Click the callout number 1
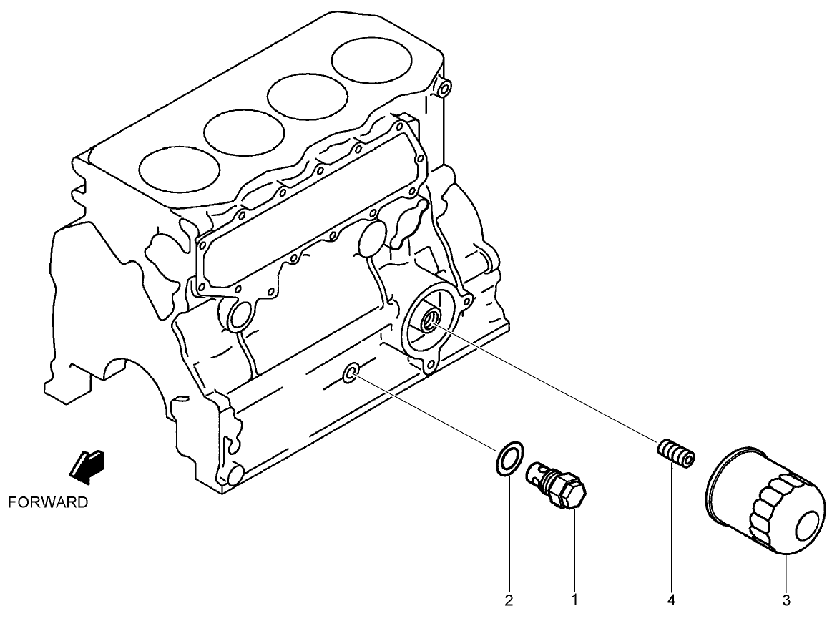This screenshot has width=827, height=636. [574, 600]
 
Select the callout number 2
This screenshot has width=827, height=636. [509, 600]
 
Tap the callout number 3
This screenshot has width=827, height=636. [786, 600]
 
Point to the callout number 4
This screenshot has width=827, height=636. [672, 600]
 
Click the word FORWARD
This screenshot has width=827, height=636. [48, 502]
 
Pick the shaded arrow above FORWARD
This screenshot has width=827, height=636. [87, 464]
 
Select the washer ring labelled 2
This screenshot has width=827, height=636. [508, 459]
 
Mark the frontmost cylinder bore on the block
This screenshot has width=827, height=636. [178, 172]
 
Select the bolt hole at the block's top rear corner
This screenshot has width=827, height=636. [443, 89]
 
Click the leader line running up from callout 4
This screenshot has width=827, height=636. [672, 529]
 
